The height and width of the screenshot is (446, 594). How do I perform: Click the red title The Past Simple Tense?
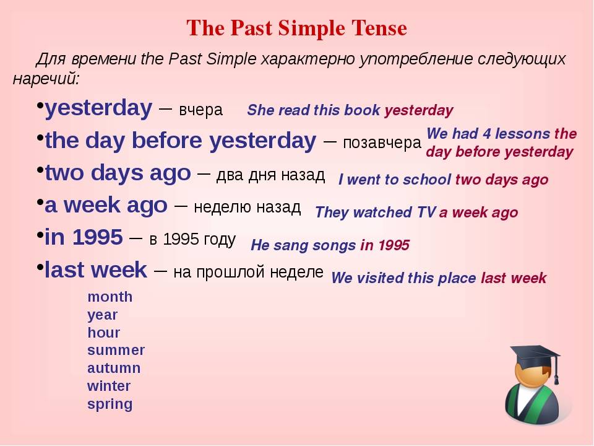pos(296,28)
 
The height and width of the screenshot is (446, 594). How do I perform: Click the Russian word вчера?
pos(200,110)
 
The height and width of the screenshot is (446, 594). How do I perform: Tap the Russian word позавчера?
pos(382,142)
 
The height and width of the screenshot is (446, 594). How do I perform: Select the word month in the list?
pos(110,297)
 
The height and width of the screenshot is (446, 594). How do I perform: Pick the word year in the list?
pos(102,315)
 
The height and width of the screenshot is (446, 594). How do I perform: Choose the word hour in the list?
pos(103,333)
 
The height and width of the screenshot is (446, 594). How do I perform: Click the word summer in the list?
pos(116,350)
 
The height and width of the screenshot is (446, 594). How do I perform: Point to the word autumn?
pos(114,368)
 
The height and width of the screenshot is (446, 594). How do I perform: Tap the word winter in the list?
pos(109,386)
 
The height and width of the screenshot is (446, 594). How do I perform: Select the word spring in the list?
pos(110,404)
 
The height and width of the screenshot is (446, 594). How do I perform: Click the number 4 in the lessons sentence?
pos(487,134)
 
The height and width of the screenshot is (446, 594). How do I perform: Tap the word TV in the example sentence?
pos(426,212)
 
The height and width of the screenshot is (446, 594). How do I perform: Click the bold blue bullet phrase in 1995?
pos(84,237)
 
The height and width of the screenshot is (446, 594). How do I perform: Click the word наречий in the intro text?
pos(46,79)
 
